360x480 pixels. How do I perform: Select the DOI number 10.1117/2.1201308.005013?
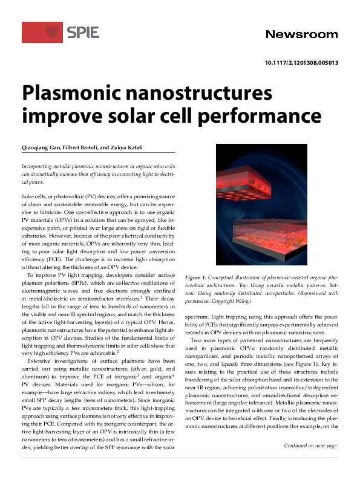click(301, 63)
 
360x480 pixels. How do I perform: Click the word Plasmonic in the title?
click(69, 94)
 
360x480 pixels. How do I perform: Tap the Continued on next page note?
click(310, 446)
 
